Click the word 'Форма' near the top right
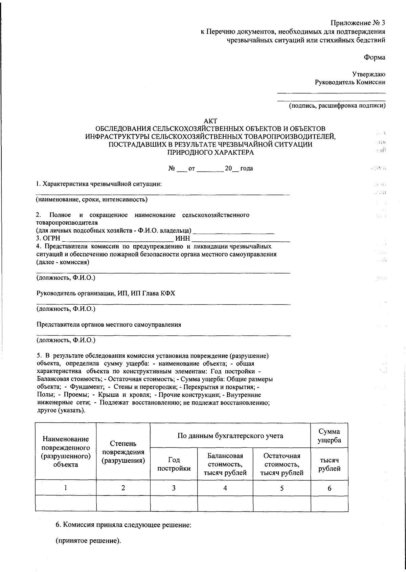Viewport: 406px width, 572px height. (x=375, y=57)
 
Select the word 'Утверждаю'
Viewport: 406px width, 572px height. (x=368, y=74)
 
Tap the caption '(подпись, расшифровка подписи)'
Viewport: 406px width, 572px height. (x=337, y=106)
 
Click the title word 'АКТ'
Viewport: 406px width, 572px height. (x=210, y=121)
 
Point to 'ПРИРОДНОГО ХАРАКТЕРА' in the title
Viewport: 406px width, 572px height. (x=210, y=153)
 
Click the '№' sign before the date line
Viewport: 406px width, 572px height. (x=171, y=168)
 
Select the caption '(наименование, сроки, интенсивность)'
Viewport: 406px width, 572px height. (x=92, y=199)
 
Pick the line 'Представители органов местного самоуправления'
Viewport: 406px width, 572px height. (x=109, y=325)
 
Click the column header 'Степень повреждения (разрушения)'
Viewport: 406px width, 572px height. (x=123, y=452)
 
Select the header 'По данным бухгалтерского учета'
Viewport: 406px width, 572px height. (x=230, y=436)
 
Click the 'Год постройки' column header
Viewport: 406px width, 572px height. (x=174, y=464)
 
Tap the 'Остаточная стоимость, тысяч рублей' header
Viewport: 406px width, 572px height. (x=282, y=464)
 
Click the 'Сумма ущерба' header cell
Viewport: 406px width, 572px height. (x=329, y=436)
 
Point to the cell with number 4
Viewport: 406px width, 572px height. (x=225, y=488)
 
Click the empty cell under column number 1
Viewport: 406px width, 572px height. (x=66, y=503)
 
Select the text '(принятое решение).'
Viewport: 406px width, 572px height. (x=88, y=541)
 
